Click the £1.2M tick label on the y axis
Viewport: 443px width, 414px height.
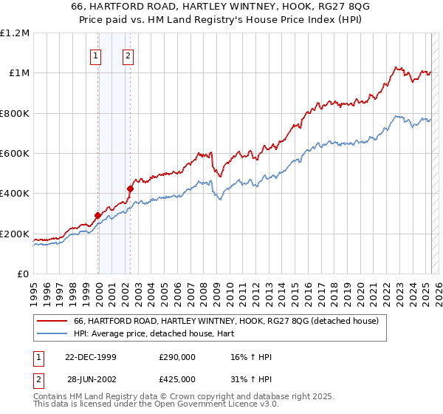pyautogui.click(x=16, y=33)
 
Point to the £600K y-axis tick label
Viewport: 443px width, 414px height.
pyautogui.click(x=15, y=153)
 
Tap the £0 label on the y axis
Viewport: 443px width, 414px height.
pyautogui.click(x=22, y=274)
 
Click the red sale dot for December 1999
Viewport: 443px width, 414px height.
pyautogui.click(x=97, y=216)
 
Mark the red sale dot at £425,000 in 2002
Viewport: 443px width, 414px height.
pyautogui.click(x=130, y=189)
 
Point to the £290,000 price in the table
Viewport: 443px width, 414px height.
pyautogui.click(x=177, y=358)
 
